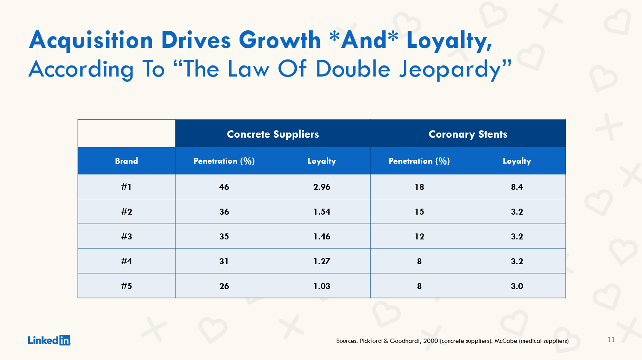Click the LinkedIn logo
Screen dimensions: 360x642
tap(49, 340)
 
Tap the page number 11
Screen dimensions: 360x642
tap(611, 339)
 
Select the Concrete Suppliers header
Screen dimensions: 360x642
tap(272, 134)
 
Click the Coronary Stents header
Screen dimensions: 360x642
tap(468, 134)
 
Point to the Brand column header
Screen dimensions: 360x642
tap(126, 161)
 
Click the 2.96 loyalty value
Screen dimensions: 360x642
tap(322, 187)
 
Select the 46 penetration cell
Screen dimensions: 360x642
tap(224, 187)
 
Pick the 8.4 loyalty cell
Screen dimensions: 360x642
tap(517, 187)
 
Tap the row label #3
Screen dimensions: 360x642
tap(126, 236)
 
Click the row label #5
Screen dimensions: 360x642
tap(126, 286)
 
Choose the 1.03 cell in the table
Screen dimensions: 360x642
tap(322, 286)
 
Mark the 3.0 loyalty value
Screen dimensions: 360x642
tap(517, 286)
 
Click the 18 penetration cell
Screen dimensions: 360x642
tap(419, 187)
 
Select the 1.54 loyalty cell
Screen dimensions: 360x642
tap(322, 212)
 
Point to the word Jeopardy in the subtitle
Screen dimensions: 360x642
tap(455, 69)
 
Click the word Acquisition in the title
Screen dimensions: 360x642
tap(91, 40)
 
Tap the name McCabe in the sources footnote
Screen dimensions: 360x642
tap(506, 341)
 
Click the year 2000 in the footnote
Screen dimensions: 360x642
tap(431, 341)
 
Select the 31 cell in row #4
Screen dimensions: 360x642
tap(224, 261)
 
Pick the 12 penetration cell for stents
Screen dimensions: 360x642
tap(419, 236)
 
